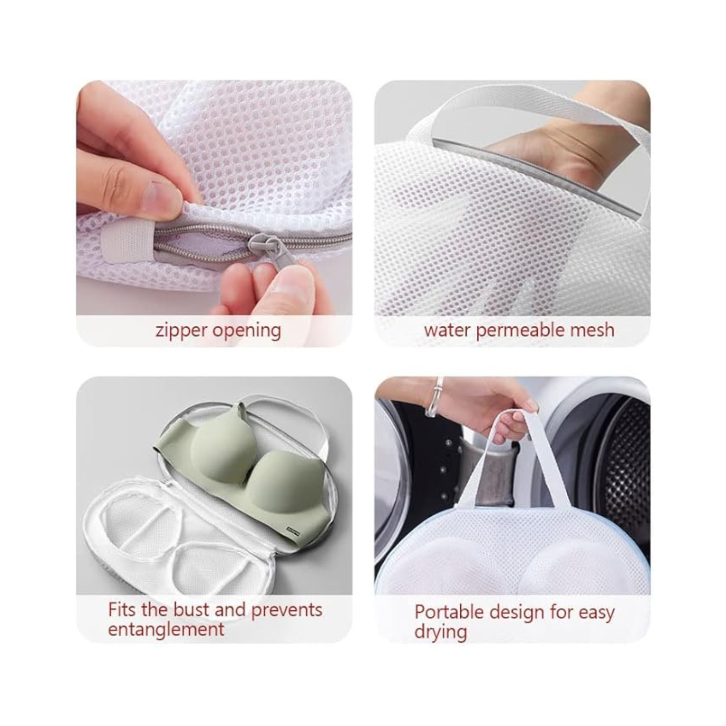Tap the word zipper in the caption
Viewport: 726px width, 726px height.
click(182, 331)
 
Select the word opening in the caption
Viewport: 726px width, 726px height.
click(247, 332)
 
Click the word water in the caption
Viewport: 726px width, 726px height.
click(448, 331)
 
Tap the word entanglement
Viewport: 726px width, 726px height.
click(166, 630)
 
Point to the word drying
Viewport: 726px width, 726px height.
click(441, 633)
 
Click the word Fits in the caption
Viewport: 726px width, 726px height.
click(122, 609)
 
